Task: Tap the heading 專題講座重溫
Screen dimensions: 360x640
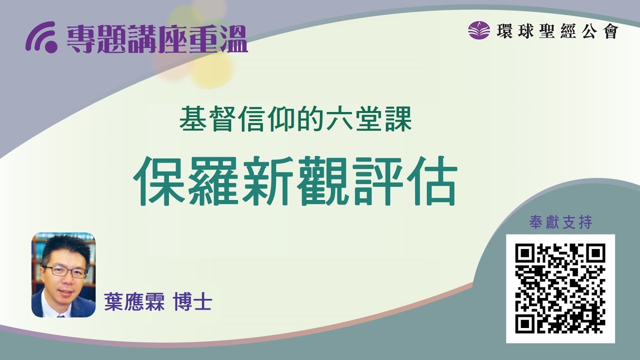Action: (x=157, y=39)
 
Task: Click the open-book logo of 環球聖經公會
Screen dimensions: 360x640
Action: (x=478, y=30)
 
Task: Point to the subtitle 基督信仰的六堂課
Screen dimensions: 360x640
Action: (x=295, y=120)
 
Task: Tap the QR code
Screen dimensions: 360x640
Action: (x=560, y=288)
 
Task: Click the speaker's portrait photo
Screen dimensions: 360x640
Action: (x=63, y=275)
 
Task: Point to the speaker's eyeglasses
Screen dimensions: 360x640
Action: (x=65, y=270)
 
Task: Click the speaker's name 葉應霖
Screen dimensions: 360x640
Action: (x=134, y=302)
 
